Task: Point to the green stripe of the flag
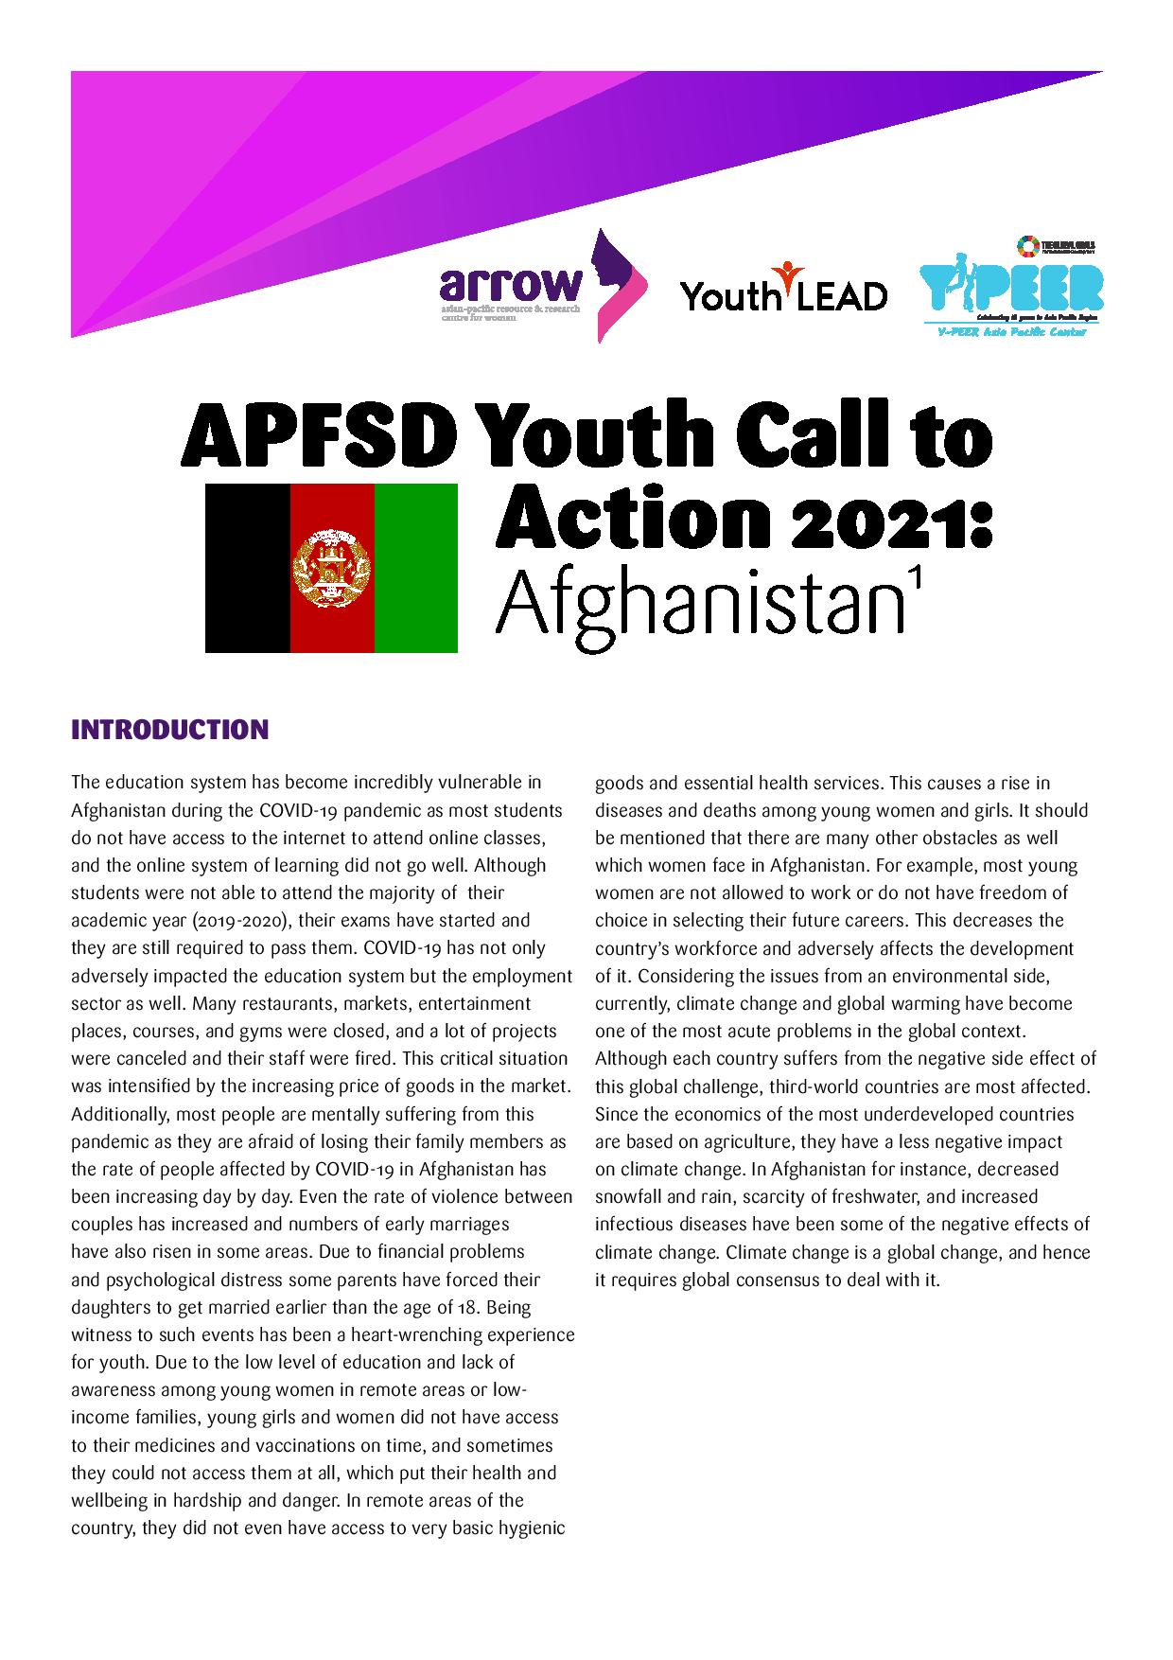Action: pyautogui.click(x=416, y=568)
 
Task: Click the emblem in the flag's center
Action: pyautogui.click(x=332, y=569)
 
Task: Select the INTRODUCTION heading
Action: pyautogui.click(x=170, y=730)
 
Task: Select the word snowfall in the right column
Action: pyautogui.click(x=630, y=1197)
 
